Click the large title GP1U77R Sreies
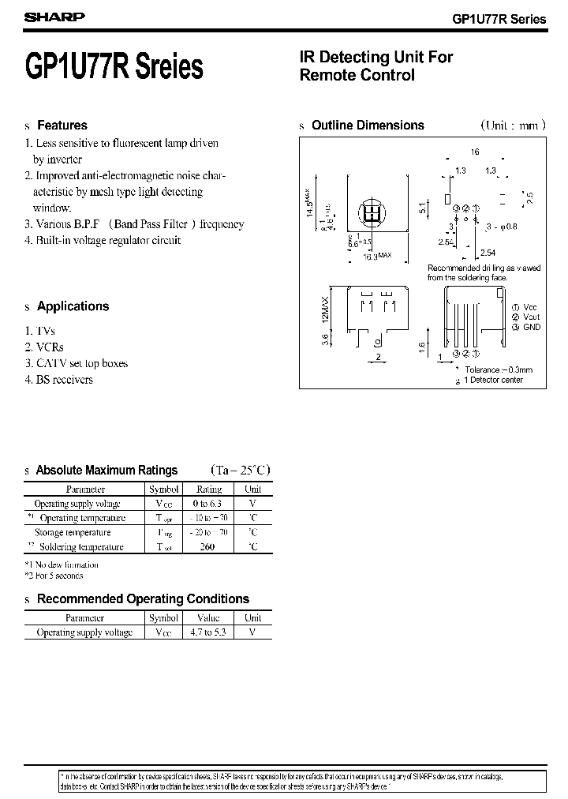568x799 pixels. tap(114, 66)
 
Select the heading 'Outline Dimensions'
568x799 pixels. tap(368, 126)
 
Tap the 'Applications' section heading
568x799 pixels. tap(73, 306)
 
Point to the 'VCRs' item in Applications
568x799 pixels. tap(43, 347)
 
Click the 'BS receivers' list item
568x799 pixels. tap(58, 380)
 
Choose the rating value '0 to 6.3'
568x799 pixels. tap(209, 504)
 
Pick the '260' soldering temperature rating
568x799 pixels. tap(209, 546)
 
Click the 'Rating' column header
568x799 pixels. tap(209, 490)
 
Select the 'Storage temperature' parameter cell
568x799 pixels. tap(77, 532)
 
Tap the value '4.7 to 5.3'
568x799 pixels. tap(207, 632)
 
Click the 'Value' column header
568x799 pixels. tap(207, 618)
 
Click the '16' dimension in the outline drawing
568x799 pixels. tap(475, 152)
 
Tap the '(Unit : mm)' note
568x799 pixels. tap(509, 126)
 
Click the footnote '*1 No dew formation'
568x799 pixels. tap(62, 565)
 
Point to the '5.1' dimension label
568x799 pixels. tap(423, 208)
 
